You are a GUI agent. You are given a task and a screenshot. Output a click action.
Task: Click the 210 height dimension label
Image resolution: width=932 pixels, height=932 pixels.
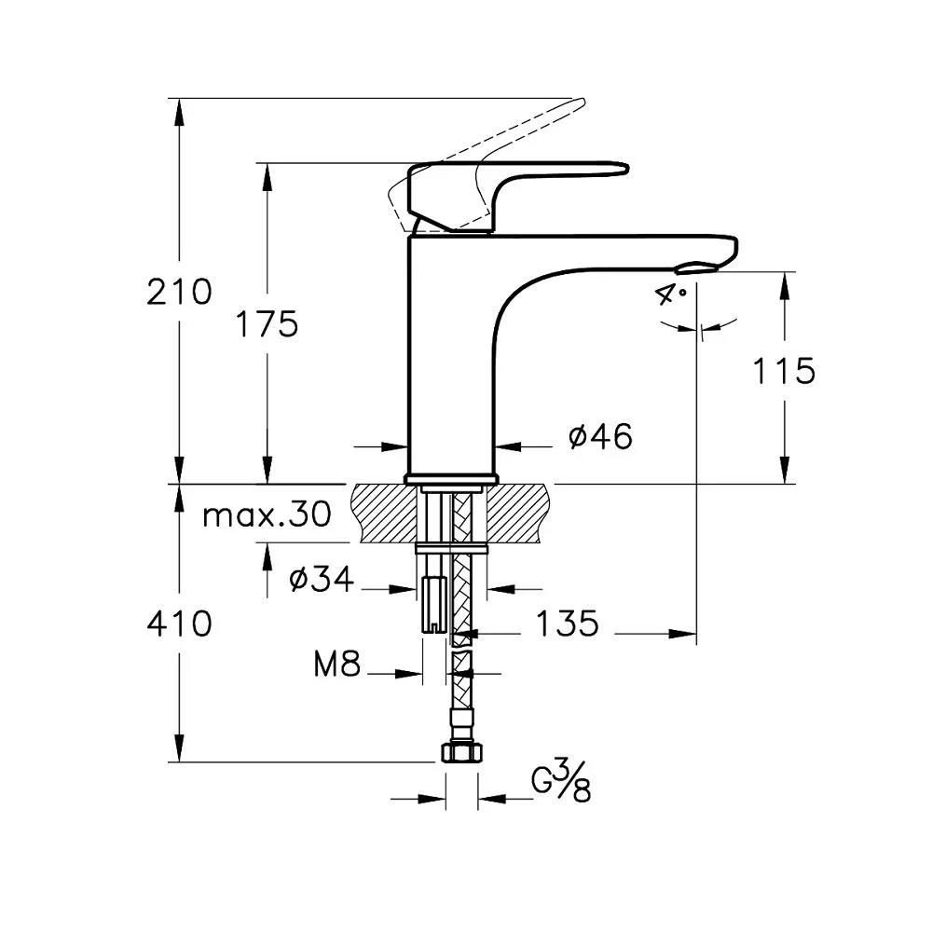(x=179, y=293)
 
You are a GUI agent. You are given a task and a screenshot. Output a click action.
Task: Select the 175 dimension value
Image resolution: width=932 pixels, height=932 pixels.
(x=266, y=324)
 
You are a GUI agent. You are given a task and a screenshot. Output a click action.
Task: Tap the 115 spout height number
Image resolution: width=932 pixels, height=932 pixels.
(x=784, y=371)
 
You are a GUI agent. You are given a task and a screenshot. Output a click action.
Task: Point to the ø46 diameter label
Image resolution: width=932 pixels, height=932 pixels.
(x=600, y=436)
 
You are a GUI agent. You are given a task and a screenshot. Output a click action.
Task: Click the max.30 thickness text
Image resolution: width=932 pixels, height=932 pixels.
(x=267, y=514)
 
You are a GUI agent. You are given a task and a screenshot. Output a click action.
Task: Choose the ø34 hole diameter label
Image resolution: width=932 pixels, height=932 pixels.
(x=322, y=580)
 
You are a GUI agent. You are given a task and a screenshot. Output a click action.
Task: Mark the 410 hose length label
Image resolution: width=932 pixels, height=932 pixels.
(x=179, y=624)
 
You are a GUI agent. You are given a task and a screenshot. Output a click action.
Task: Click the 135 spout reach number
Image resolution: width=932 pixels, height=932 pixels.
(x=566, y=624)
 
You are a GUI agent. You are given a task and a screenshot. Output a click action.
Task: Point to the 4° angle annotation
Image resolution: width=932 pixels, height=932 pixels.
(x=670, y=295)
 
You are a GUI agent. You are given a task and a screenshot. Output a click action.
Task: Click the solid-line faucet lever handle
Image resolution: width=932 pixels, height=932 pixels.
(x=522, y=177)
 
